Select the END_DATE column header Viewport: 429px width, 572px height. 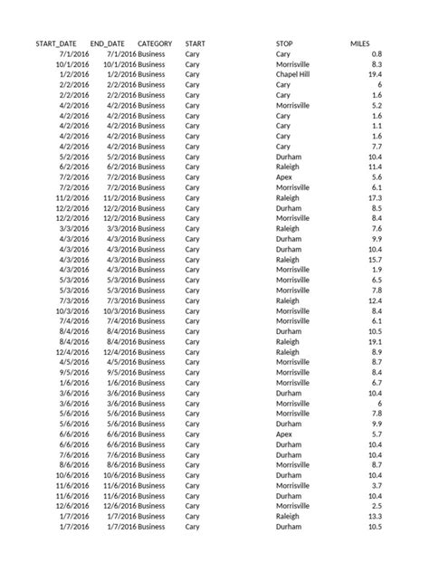click(x=109, y=43)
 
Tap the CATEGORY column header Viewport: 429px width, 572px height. click(x=155, y=43)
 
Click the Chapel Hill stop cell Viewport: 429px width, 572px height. click(x=293, y=75)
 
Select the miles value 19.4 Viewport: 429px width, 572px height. click(x=374, y=75)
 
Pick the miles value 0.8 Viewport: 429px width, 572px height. click(x=377, y=54)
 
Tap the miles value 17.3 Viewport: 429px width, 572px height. click(x=374, y=197)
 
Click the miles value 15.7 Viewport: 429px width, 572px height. click(x=374, y=259)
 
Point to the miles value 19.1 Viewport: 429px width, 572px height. click(x=374, y=341)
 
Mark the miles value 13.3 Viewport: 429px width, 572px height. click(x=374, y=515)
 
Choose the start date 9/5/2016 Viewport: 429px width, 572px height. click(x=74, y=372)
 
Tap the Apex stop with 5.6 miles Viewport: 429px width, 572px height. click(x=283, y=177)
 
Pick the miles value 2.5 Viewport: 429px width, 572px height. click(x=377, y=505)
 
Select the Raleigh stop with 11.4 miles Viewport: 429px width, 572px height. click(x=287, y=167)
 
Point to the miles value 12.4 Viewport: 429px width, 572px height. click(x=374, y=300)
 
